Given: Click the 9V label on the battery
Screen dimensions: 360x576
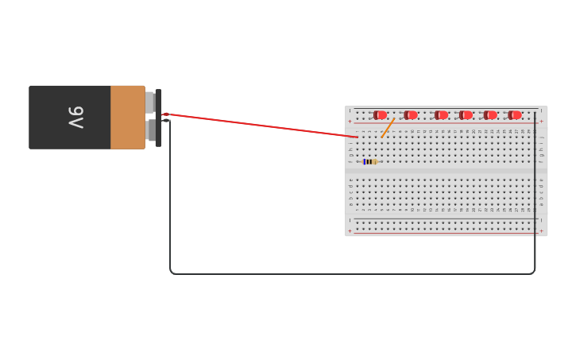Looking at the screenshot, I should pos(75,117).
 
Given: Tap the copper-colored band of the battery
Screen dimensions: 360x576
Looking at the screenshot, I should pos(127,117).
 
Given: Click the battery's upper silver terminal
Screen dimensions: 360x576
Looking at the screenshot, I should pos(149,102).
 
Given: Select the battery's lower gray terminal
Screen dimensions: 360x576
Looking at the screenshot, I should pos(150,130).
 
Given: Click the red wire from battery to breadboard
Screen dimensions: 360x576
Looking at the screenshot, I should pos(262,126).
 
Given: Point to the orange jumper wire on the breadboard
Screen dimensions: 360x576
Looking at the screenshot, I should pos(388,128).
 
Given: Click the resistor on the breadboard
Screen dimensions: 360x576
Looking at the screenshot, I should pos(370,161).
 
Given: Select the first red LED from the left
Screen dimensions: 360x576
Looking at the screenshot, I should pos(381,115).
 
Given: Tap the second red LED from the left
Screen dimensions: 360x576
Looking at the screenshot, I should pos(411,115).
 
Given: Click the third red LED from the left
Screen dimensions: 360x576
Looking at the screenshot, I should pos(441,115).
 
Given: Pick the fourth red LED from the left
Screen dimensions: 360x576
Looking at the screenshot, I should pos(466,115).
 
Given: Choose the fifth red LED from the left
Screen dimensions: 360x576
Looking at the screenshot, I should pos(490,115).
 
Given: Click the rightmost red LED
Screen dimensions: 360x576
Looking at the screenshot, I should pos(515,115).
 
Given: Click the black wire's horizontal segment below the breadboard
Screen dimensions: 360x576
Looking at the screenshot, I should pos(350,274).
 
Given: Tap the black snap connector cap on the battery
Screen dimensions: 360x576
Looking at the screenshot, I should pos(159,118).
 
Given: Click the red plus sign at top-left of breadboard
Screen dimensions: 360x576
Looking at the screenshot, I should pos(350,122).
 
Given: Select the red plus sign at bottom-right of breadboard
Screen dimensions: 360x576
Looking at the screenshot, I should pos(542,230).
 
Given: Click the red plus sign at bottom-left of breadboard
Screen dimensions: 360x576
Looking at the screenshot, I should pos(350,230).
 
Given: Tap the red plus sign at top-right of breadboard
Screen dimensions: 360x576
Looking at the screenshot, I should pos(542,122).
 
